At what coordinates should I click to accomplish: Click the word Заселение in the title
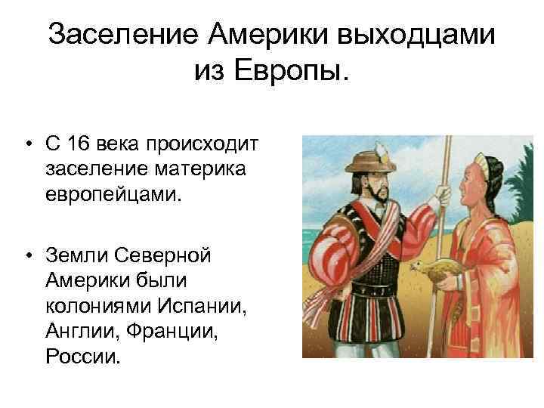(123, 33)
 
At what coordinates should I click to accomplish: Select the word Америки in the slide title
(260, 33)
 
